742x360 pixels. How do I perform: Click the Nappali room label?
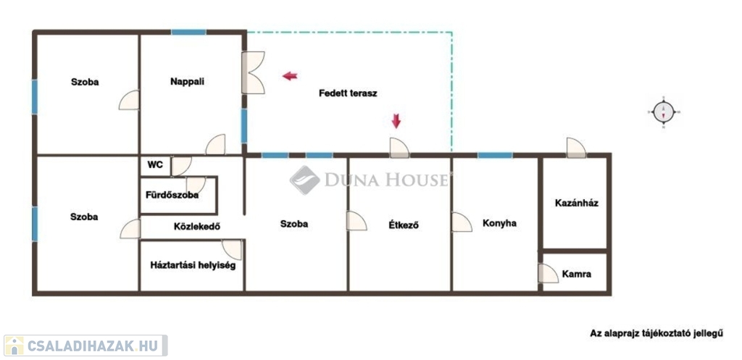click(187, 82)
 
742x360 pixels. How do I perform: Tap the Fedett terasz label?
click(348, 93)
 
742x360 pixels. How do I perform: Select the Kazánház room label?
click(576, 203)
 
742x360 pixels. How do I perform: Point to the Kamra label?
click(576, 274)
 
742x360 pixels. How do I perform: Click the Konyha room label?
click(499, 223)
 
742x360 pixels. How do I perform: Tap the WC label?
click(155, 165)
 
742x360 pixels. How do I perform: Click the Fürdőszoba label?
click(172, 195)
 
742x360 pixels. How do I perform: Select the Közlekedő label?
click(197, 227)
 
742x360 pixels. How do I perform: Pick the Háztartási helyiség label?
click(193, 265)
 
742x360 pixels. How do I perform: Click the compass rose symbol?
click(664, 112)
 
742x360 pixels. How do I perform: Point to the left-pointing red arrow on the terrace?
click(290, 75)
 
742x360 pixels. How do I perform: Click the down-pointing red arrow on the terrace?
click(396, 121)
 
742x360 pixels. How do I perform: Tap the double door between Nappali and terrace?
click(253, 72)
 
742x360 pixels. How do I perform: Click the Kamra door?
click(549, 273)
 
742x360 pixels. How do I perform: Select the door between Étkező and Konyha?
click(462, 222)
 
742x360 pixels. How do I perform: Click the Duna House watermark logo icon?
click(304, 180)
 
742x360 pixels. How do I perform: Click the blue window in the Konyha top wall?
click(494, 155)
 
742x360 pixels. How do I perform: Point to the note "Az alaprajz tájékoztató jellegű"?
click(656, 333)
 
